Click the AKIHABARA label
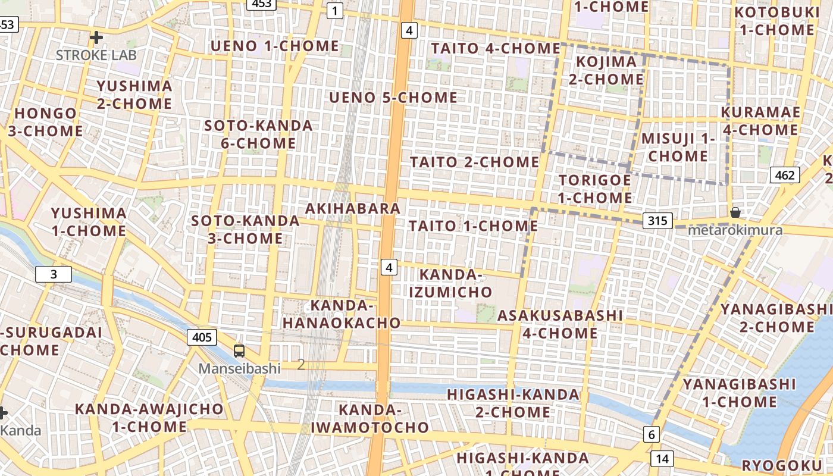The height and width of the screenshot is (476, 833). [352, 209]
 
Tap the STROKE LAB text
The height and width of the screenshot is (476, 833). [96, 55]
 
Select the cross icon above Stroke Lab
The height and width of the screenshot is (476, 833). [96, 38]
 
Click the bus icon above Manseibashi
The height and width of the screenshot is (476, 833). [239, 351]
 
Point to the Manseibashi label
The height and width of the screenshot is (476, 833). [239, 368]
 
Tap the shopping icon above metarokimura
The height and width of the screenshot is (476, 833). [735, 212]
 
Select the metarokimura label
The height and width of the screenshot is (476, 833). [736, 230]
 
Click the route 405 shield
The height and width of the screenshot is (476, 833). [202, 337]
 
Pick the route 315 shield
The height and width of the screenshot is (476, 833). [657, 221]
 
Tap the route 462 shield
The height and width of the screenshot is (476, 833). [785, 175]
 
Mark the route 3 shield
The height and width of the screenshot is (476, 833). [54, 274]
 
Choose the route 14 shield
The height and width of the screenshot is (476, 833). [662, 458]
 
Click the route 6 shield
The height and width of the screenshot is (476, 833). [652, 435]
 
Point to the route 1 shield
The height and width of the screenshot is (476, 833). [335, 10]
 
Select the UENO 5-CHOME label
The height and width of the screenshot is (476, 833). [393, 98]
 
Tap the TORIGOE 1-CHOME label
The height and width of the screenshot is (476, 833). [595, 189]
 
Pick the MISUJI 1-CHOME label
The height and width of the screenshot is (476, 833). [678, 148]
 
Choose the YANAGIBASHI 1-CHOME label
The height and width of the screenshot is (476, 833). [739, 393]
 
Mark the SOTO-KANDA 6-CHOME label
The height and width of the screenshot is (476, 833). [258, 134]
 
